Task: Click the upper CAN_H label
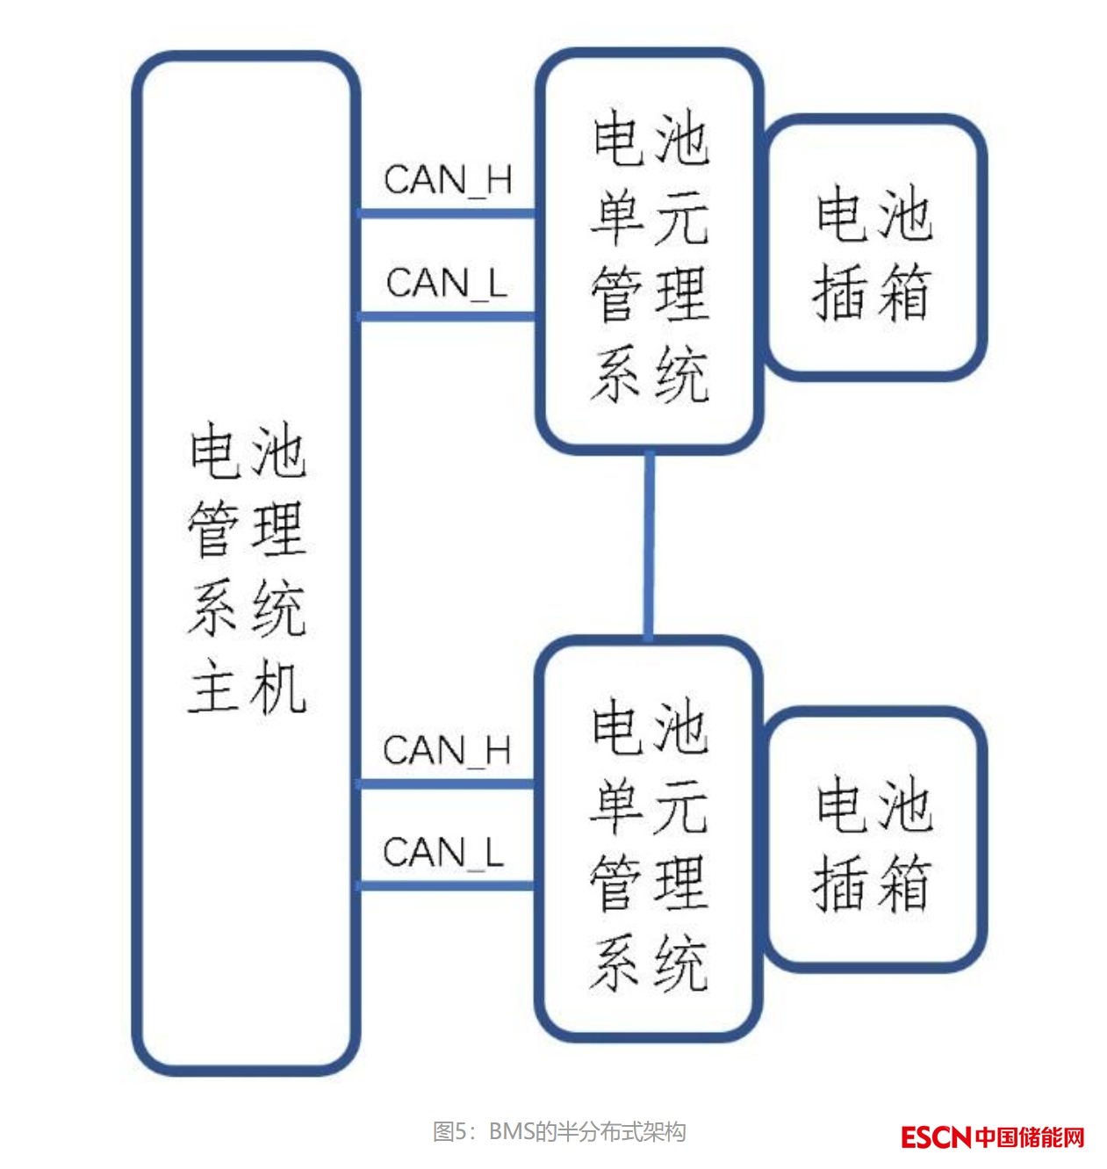pyautogui.click(x=448, y=180)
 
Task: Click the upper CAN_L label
pyautogui.click(x=446, y=284)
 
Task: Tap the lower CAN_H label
pyautogui.click(x=447, y=751)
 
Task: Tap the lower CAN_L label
pyautogui.click(x=443, y=853)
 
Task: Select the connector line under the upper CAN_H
pyautogui.click(x=448, y=213)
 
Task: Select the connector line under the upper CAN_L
pyautogui.click(x=448, y=316)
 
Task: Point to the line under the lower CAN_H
pyautogui.click(x=448, y=783)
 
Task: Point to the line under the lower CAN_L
pyautogui.click(x=448, y=885)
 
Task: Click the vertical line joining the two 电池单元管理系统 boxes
pyautogui.click(x=649, y=545)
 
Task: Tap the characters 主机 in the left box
pyautogui.click(x=248, y=688)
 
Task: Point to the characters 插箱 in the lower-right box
pyautogui.click(x=872, y=883)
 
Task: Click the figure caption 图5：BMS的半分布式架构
pyautogui.click(x=559, y=1131)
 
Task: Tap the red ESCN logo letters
pyautogui.click(x=936, y=1137)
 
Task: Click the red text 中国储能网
pyautogui.click(x=1030, y=1137)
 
